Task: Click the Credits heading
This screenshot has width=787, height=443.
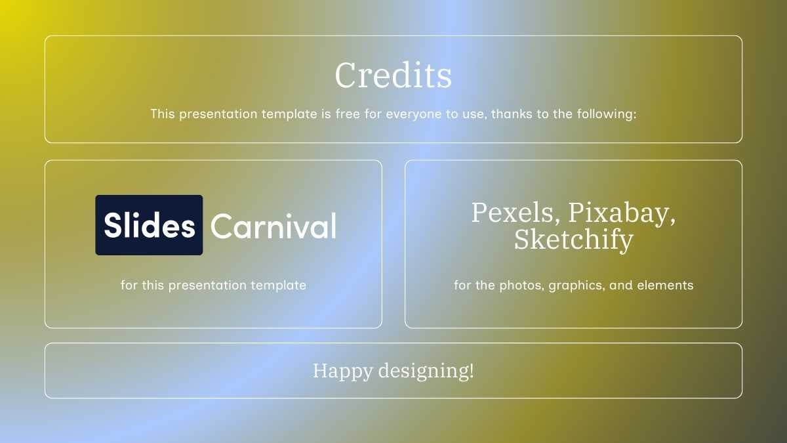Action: pos(393,75)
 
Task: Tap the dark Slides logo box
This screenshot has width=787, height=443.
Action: pos(149,225)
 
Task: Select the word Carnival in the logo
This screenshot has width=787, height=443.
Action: pos(273,226)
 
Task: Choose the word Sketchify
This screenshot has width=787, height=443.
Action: pos(573,240)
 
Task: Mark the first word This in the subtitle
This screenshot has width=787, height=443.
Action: pos(163,114)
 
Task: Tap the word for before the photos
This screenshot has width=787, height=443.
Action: pos(462,285)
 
